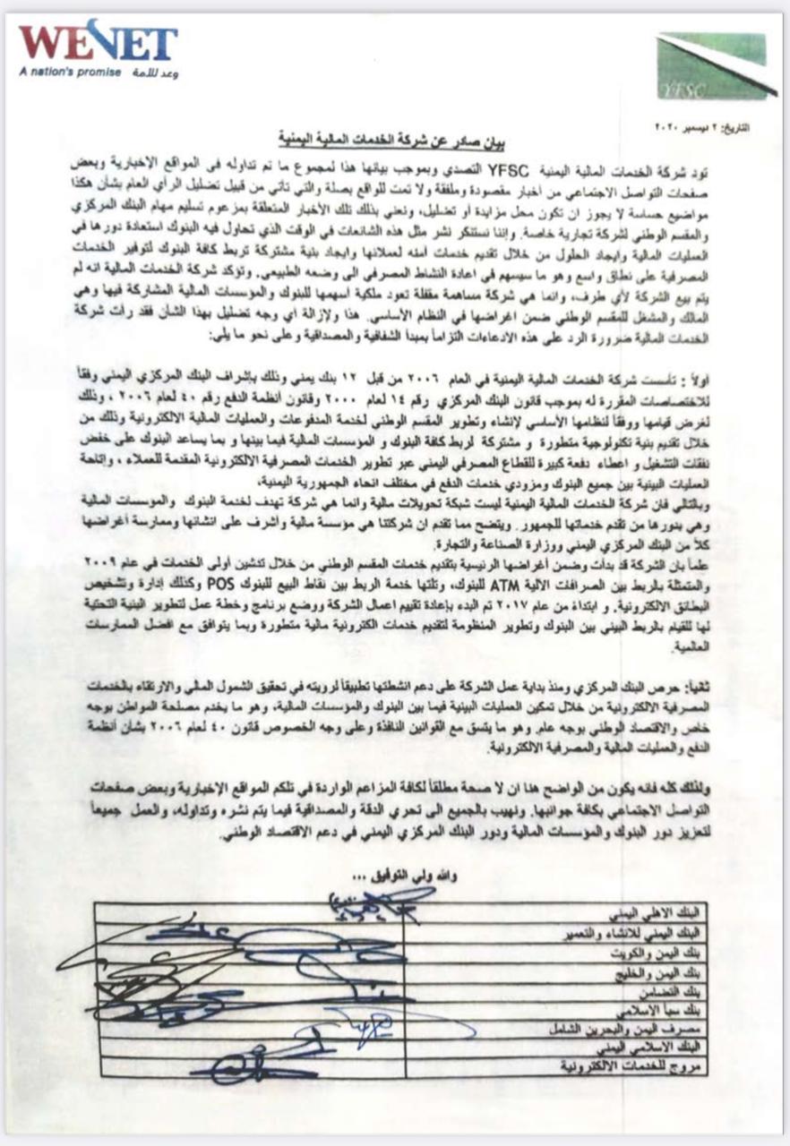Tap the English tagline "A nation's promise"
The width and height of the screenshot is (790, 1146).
click(70, 72)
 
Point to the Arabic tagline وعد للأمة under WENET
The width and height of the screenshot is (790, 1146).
click(154, 73)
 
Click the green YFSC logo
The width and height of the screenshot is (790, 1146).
click(715, 65)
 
